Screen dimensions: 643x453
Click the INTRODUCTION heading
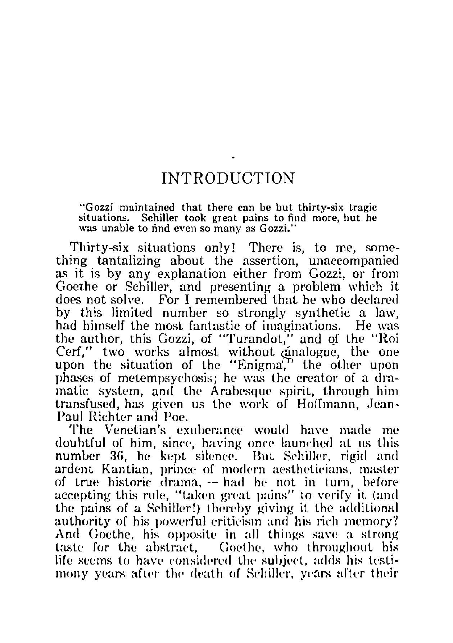pyautogui.click(x=228, y=178)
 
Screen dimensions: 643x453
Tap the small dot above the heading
pyautogui.click(x=234, y=157)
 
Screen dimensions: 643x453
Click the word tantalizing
pyautogui.click(x=128, y=261)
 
